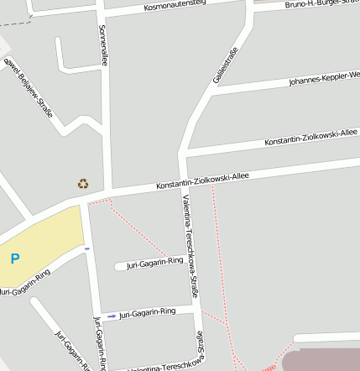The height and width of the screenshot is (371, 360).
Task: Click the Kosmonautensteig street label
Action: [x=175, y=6]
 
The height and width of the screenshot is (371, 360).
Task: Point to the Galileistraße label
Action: [x=226, y=65]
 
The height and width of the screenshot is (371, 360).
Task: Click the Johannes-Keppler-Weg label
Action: [x=324, y=79]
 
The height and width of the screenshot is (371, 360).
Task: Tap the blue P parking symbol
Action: [x=15, y=259]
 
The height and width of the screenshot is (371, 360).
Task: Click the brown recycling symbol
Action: [x=83, y=183]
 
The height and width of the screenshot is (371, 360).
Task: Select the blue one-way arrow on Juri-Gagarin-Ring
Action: [x=112, y=316]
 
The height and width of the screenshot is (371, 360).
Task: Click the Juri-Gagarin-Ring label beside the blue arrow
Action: [x=148, y=312]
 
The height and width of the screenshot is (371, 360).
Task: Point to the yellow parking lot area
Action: [x=46, y=239]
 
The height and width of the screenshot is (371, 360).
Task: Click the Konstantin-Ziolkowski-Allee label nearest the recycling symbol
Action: [x=203, y=181]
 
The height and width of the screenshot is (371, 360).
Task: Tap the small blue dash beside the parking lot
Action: [x=86, y=248]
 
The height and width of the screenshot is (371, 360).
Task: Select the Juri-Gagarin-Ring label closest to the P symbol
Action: [x=25, y=283]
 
